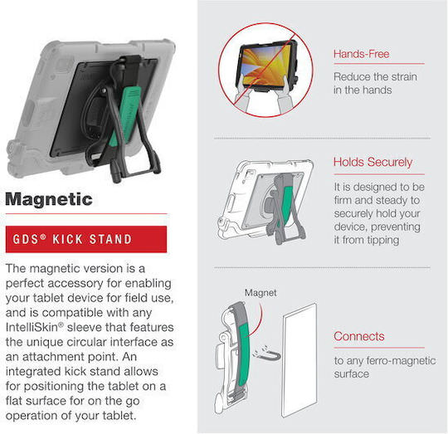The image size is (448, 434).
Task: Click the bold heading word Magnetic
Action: (x=49, y=199)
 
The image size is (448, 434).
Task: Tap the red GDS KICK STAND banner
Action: (x=86, y=239)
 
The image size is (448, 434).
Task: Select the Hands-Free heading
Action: (x=361, y=54)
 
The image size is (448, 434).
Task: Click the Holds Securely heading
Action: (x=373, y=162)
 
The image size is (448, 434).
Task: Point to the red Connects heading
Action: (x=359, y=336)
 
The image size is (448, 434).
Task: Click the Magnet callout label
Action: (x=261, y=293)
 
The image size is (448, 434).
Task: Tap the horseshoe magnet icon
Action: (x=267, y=354)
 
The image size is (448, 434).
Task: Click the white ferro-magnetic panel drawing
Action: (x=299, y=360)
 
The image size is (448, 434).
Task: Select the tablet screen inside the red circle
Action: (x=265, y=66)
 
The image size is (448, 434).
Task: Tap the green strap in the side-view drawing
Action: (x=244, y=356)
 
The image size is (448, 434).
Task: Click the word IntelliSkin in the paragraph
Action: (x=32, y=327)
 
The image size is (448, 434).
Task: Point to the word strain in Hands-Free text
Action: (x=404, y=77)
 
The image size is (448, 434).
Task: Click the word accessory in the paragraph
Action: (x=75, y=284)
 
